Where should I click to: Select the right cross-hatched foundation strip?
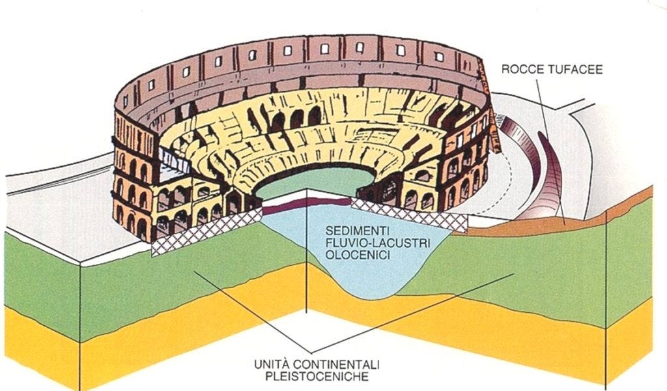410,214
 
